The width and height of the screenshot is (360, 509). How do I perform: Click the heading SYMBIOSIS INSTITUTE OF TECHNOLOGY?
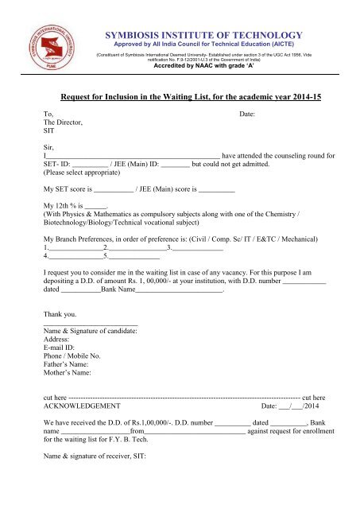coord(203,35)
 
